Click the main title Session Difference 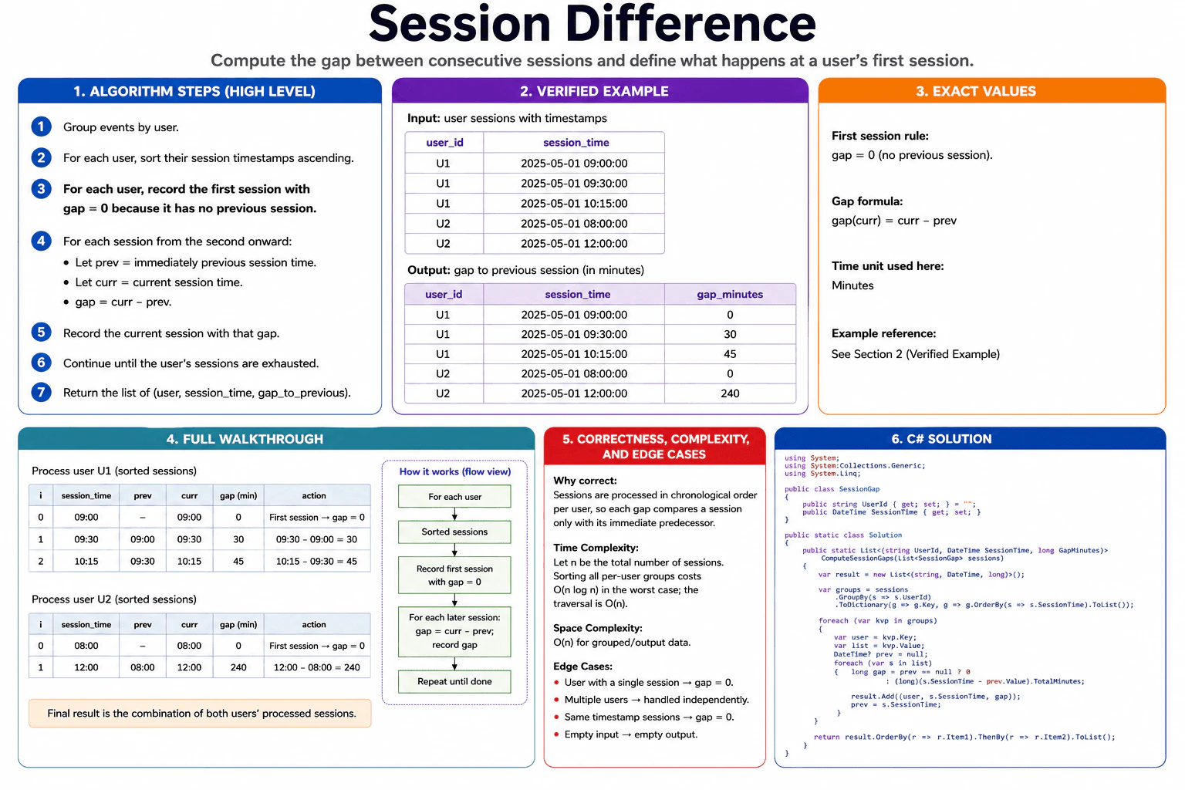pyautogui.click(x=592, y=25)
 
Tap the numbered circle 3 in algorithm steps pyautogui.click(x=41, y=189)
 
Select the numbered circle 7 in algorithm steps pyautogui.click(x=41, y=392)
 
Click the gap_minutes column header pyautogui.click(x=730, y=294)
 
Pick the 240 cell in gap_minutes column pyautogui.click(x=730, y=393)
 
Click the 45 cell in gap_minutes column pyautogui.click(x=730, y=354)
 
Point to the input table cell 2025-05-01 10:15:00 pyautogui.click(x=574, y=203)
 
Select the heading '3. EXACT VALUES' pyautogui.click(x=976, y=91)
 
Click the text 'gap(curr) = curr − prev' pyautogui.click(x=893, y=221)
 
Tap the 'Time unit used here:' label pyautogui.click(x=887, y=265)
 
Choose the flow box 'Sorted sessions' pyautogui.click(x=454, y=532)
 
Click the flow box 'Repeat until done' pyautogui.click(x=454, y=681)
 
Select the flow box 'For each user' pyautogui.click(x=454, y=496)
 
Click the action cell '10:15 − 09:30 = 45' pyautogui.click(x=316, y=561)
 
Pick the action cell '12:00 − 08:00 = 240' pyautogui.click(x=316, y=667)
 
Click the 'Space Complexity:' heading pyautogui.click(x=598, y=628)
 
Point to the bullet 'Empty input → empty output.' pyautogui.click(x=630, y=734)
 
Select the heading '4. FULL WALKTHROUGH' pyautogui.click(x=245, y=439)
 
